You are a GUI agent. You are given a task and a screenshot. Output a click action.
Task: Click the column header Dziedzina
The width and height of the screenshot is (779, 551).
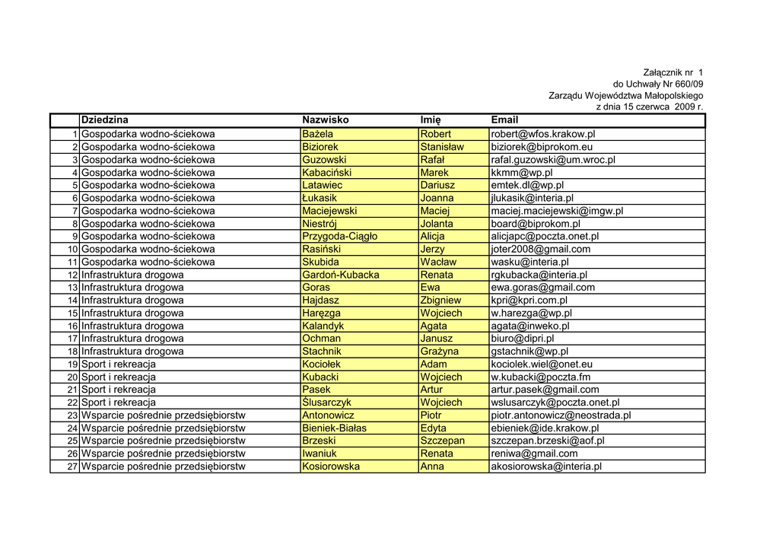(x=105, y=120)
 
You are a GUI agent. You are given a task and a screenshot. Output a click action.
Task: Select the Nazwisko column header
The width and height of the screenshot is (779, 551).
(x=326, y=120)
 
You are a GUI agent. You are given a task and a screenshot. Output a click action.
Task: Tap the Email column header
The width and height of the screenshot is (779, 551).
(x=504, y=120)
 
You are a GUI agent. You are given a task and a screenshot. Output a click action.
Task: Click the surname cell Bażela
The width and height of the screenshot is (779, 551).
(x=318, y=134)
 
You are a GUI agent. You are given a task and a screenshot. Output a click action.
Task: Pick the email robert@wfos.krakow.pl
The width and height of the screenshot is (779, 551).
(x=543, y=134)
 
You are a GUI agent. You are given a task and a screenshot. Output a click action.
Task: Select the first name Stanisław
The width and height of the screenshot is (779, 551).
(x=442, y=147)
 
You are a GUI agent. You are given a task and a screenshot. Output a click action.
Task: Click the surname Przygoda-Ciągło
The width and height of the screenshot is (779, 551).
(x=339, y=237)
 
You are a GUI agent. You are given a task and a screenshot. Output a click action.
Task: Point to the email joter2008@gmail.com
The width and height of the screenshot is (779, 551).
(x=541, y=250)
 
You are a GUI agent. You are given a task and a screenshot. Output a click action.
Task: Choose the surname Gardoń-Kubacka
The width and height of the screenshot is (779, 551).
(x=341, y=275)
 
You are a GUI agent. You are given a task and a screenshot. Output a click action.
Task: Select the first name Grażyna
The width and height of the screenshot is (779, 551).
(x=440, y=352)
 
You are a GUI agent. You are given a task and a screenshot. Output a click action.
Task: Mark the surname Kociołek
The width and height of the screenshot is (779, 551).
(x=322, y=365)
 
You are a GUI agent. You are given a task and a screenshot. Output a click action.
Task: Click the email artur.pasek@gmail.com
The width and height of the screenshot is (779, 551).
(x=545, y=390)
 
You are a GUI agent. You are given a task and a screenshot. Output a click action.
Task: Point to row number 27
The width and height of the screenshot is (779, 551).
(x=73, y=467)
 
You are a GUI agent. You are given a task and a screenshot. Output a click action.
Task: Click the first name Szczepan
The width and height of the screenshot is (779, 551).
(x=443, y=441)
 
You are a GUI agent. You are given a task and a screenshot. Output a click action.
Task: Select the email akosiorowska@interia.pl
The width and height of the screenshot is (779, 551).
(x=546, y=467)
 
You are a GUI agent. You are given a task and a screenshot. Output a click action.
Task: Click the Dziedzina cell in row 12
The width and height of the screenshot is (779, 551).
(x=132, y=275)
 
